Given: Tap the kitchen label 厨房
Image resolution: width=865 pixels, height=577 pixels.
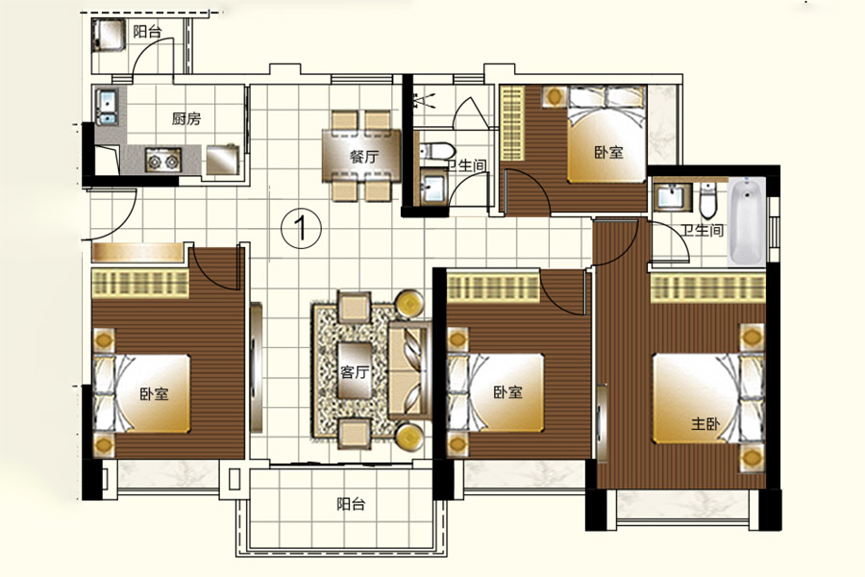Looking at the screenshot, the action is (186, 118).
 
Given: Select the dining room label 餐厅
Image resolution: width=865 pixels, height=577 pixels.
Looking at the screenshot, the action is (364, 156).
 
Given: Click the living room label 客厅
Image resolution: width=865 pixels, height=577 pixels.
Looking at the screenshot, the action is (354, 372).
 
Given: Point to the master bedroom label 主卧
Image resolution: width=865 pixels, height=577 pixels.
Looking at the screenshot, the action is (705, 424).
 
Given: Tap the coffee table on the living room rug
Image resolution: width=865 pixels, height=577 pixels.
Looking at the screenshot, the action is (355, 370).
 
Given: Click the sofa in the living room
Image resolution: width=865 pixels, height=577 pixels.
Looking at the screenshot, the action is (408, 370).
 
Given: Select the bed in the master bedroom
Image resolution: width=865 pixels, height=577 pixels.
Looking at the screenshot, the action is (709, 398).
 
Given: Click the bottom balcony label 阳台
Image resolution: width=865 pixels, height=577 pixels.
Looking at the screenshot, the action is (351, 504).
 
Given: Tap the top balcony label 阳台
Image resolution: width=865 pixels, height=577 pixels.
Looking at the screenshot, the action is (147, 32).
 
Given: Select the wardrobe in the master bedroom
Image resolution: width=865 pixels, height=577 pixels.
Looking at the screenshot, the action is (708, 289).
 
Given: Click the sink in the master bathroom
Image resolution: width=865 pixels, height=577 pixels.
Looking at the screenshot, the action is (672, 197).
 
